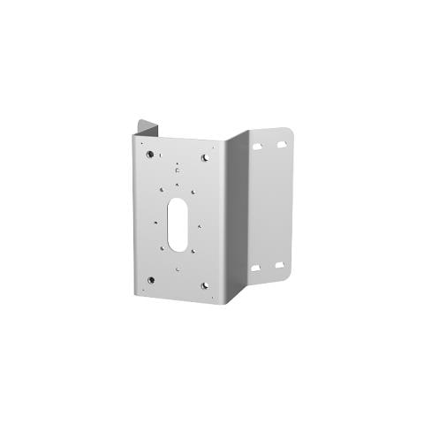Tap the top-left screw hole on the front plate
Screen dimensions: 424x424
point(150,155)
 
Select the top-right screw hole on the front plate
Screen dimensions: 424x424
point(205,157)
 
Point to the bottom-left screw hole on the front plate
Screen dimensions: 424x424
point(151,280)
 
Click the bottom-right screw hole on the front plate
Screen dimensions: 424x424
point(205,285)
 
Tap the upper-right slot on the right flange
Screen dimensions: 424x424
point(281,141)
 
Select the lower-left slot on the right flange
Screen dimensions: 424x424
point(256,268)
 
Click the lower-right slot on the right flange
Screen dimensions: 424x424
point(279,264)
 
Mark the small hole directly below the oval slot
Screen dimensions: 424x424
point(178,269)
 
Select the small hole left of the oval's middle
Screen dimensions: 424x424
point(155,221)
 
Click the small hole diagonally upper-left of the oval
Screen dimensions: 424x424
point(162,188)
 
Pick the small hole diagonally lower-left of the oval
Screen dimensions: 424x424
point(162,249)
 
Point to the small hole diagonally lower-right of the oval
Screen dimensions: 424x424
point(194,252)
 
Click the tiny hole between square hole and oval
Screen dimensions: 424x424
point(178,185)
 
